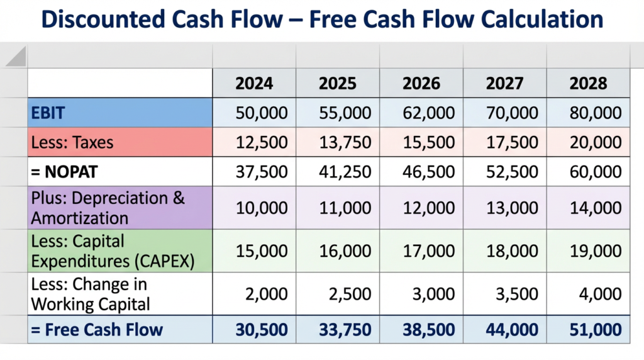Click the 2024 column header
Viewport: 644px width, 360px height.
point(254,84)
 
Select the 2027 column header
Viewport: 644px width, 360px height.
point(504,84)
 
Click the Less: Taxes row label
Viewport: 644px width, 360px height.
point(72,142)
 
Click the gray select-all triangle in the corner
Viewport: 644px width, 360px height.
point(16,58)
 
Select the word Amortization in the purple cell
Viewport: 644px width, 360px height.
point(80,218)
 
